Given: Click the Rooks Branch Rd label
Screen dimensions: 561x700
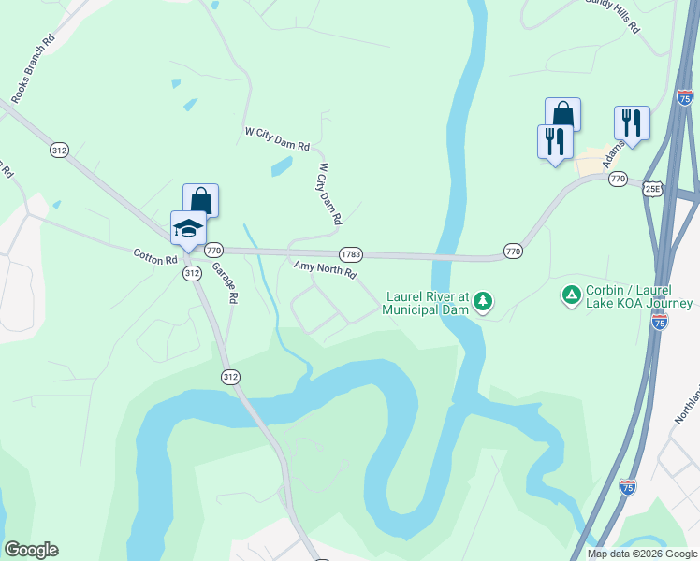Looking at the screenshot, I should click(x=34, y=69).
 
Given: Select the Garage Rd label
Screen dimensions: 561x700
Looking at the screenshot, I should click(x=224, y=281).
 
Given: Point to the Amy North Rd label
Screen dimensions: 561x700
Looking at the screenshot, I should click(x=326, y=270).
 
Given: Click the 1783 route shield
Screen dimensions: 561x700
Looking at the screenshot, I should click(x=351, y=253).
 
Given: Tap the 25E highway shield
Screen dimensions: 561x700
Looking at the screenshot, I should click(x=652, y=188).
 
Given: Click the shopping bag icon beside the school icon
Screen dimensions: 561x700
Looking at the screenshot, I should click(x=200, y=200).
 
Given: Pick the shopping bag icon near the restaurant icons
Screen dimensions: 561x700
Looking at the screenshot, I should click(x=562, y=114).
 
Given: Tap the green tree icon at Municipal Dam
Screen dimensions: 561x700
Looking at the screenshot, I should click(x=483, y=301).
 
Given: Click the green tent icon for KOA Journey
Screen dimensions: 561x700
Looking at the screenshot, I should click(x=571, y=296).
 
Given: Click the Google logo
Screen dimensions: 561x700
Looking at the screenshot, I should click(x=31, y=550).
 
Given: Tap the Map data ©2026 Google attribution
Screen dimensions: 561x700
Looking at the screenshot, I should click(x=642, y=554).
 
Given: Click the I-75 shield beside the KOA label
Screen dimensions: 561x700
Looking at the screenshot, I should click(x=660, y=321).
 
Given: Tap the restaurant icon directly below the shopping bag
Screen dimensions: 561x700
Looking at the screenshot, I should click(x=554, y=141).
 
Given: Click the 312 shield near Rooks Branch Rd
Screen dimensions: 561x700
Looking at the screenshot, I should click(x=59, y=150).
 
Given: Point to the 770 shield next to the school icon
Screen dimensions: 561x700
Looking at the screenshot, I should click(x=213, y=251).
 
